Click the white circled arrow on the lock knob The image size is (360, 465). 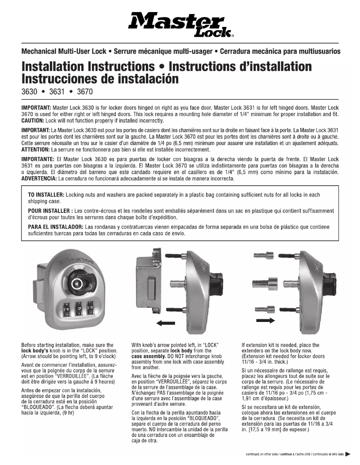[77, 283]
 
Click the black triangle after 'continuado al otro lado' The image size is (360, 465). [348, 454]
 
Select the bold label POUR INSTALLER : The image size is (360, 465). [50, 211]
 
